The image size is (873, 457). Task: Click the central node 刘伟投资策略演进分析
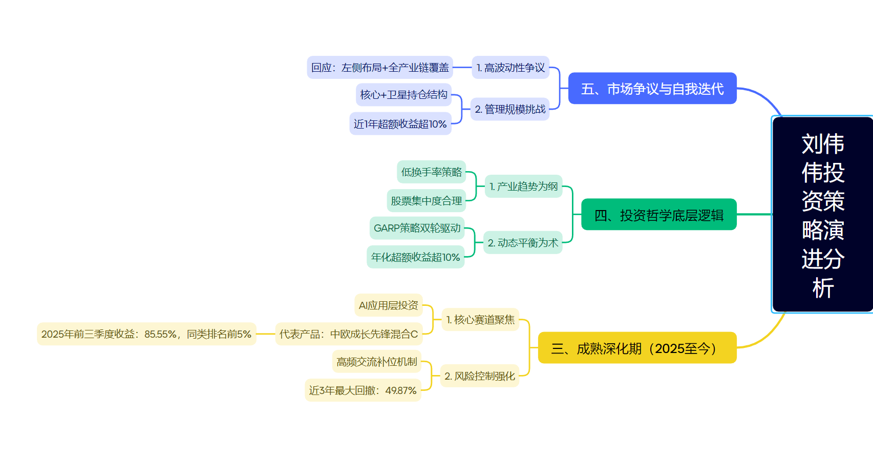822,215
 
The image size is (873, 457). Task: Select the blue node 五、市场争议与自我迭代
652,89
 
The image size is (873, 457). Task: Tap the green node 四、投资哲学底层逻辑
659,215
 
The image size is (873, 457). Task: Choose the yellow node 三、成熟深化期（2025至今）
637,348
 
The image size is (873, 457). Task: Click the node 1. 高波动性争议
510,68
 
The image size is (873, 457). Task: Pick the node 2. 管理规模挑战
510,109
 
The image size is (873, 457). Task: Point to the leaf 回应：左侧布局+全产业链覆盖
380,68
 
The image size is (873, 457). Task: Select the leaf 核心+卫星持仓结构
403,95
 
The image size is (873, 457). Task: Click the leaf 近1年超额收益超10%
400,124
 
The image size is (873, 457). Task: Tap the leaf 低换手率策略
431,172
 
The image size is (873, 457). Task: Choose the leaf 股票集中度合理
426,201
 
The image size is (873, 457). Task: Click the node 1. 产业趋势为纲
523,186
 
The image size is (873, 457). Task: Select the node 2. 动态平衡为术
523,243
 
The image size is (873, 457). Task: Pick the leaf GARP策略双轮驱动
417,228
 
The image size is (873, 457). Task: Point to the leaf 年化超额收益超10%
415,257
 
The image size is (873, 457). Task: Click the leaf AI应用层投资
388,305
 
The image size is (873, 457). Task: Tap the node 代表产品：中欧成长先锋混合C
349,334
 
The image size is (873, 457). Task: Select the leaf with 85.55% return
146,334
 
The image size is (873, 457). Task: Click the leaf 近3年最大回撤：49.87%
363,390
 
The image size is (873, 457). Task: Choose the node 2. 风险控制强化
480,376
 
